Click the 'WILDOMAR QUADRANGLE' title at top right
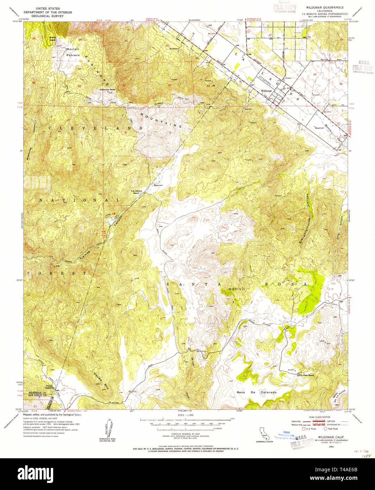click(325, 7)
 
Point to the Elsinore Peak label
click(108, 90)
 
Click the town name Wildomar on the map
click(266, 91)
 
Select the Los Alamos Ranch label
click(137, 192)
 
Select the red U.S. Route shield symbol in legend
click(304, 429)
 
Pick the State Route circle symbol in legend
click(325, 429)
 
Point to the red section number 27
click(270, 35)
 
